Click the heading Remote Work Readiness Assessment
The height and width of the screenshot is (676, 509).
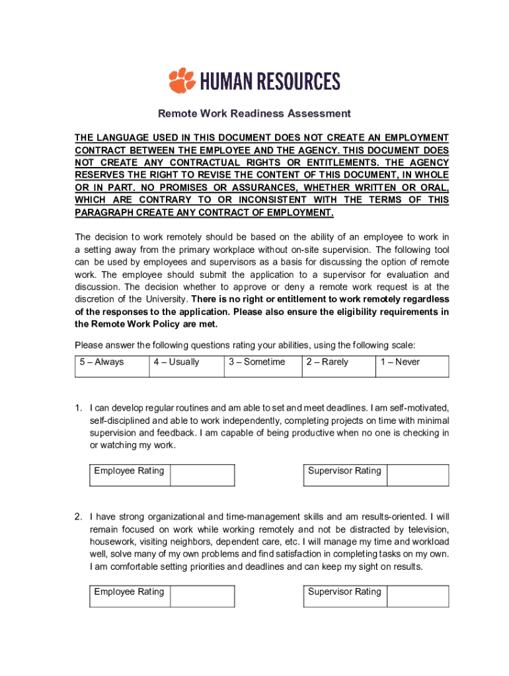coord(254,114)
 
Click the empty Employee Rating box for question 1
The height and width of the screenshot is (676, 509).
coord(202,475)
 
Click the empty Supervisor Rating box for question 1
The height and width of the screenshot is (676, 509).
coord(417,475)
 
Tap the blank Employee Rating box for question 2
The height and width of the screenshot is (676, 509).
coord(202,595)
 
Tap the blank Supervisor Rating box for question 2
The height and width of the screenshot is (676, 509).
coord(417,595)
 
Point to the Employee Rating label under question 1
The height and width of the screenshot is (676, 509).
coord(129,471)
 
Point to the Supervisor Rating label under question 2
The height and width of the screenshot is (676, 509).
coord(344,591)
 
